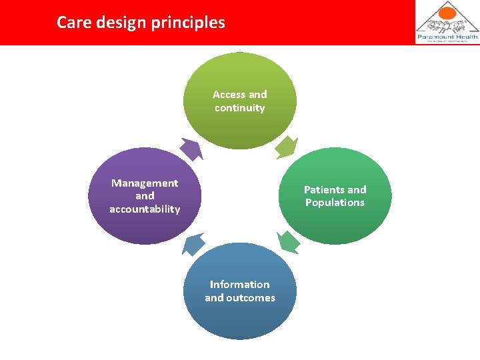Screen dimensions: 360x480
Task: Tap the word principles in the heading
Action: tap(193, 23)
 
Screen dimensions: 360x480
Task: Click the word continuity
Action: tap(240, 108)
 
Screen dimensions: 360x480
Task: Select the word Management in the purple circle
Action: tap(145, 183)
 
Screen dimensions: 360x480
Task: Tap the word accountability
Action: tap(145, 209)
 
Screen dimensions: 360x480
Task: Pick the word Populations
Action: tap(335, 203)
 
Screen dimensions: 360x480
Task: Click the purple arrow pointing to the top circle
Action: tap(191, 149)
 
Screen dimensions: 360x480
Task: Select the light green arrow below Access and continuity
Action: tap(287, 147)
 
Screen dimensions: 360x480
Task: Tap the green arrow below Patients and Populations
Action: tap(288, 242)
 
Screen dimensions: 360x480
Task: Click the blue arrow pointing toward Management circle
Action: tap(193, 245)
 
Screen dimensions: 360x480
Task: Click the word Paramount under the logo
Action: tap(435, 37)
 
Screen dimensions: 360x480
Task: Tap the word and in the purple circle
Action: tap(145, 196)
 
